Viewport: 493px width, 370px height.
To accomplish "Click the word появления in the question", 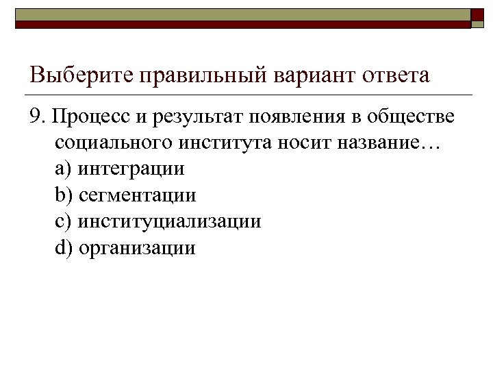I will coord(302,118).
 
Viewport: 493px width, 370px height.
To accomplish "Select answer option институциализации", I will coord(170,222).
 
